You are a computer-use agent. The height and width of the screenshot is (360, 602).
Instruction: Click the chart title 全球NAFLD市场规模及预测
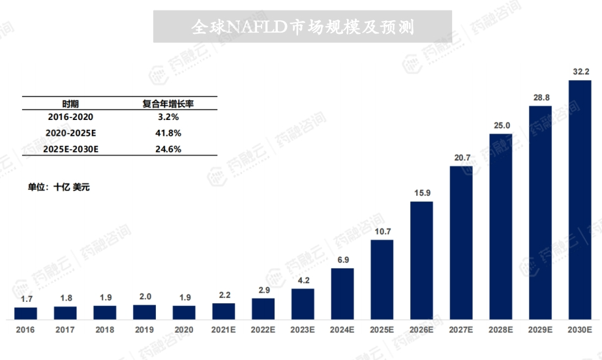pyautogui.click(x=303, y=27)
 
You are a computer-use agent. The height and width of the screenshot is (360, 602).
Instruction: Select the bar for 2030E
pyautogui.click(x=580, y=200)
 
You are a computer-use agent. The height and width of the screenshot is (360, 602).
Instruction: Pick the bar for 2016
pyautogui.click(x=25, y=313)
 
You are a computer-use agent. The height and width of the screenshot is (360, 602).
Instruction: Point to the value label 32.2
pyautogui.click(x=580, y=72)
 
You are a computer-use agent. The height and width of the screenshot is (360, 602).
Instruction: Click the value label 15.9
pyautogui.click(x=421, y=192)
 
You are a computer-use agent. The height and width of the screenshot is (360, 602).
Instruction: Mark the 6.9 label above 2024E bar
pyautogui.click(x=342, y=260)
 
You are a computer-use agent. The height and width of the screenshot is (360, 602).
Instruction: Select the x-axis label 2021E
pyautogui.click(x=224, y=330)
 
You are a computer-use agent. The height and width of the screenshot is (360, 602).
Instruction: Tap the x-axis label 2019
pyautogui.click(x=144, y=330)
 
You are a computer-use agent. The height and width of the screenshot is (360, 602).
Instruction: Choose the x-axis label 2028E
pyautogui.click(x=501, y=330)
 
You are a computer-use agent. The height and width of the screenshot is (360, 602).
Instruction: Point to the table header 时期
pyautogui.click(x=70, y=104)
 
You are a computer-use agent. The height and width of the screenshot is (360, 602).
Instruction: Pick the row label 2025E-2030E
pyautogui.click(x=70, y=149)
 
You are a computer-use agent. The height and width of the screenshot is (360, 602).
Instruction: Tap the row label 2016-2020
pyautogui.click(x=70, y=117)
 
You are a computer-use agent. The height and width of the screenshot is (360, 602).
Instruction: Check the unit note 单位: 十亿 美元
pyautogui.click(x=58, y=187)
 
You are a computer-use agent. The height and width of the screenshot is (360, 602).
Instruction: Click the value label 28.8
pyautogui.click(x=541, y=97)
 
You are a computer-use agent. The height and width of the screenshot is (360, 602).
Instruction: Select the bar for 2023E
pyautogui.click(x=303, y=304)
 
